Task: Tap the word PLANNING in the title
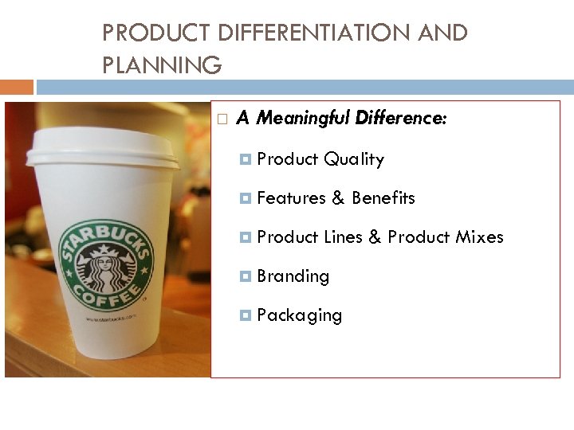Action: click(162, 65)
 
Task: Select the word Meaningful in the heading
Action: click(304, 119)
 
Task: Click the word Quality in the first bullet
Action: click(353, 159)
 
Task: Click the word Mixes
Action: click(479, 236)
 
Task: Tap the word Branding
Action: click(293, 276)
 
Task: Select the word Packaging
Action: click(299, 315)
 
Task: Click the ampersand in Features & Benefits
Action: click(338, 198)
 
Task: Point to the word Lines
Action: click(343, 236)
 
